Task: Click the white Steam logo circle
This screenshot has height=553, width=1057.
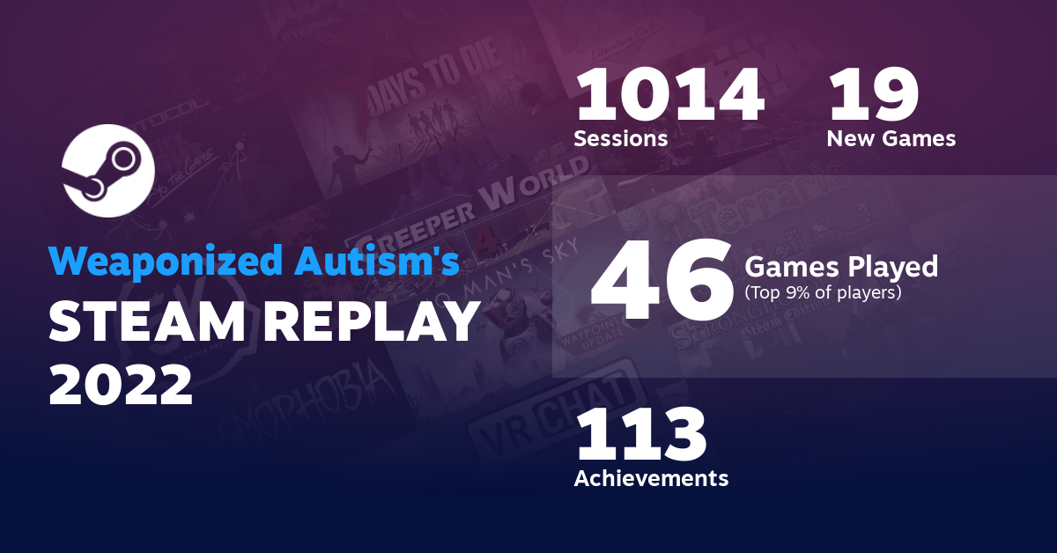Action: click(108, 171)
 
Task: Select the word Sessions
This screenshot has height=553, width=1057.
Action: click(620, 139)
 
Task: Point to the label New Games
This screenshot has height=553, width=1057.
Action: click(891, 139)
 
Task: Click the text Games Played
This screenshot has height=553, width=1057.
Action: click(841, 265)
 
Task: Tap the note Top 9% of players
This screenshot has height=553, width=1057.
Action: click(823, 292)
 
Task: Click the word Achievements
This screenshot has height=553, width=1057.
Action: click(651, 478)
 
